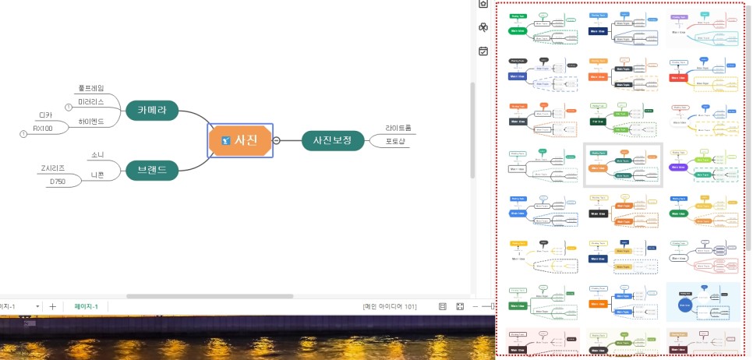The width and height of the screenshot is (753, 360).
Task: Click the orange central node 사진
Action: click(x=240, y=140)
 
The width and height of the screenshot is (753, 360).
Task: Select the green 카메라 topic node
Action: click(x=152, y=111)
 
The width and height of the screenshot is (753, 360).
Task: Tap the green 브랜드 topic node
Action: click(x=152, y=170)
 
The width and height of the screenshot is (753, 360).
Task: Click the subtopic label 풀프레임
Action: click(x=90, y=88)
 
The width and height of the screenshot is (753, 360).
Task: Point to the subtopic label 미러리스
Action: click(x=92, y=102)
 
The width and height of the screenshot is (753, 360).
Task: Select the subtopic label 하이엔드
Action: click(x=91, y=122)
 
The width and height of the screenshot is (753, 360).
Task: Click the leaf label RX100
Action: click(x=44, y=129)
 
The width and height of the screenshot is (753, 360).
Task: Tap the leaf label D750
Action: click(x=58, y=182)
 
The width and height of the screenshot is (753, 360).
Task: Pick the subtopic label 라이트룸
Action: click(x=398, y=128)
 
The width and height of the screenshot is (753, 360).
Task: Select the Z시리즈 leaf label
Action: click(x=53, y=168)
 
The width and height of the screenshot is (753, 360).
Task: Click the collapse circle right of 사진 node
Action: click(x=276, y=140)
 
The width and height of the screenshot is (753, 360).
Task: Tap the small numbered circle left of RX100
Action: click(x=23, y=134)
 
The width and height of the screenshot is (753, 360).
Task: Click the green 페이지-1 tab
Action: click(x=86, y=306)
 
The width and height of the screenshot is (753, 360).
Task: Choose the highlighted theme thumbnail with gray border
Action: click(x=622, y=164)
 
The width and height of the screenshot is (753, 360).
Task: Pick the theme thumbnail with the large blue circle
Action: click(x=702, y=301)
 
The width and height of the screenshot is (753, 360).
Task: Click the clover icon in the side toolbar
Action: click(x=483, y=28)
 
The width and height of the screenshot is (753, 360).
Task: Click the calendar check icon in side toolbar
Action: click(x=483, y=51)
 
